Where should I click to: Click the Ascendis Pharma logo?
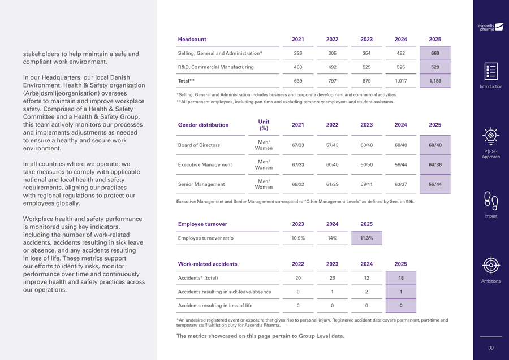(x=490, y=27)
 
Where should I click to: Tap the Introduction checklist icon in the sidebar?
(x=490, y=72)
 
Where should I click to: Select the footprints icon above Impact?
(x=490, y=201)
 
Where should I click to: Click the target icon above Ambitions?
(x=490, y=265)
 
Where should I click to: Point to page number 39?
(x=490, y=348)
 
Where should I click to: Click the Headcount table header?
(x=192, y=40)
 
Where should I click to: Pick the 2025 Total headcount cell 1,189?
(x=435, y=81)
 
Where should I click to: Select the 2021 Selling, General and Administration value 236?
(x=297, y=53)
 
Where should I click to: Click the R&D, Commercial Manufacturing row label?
(x=215, y=67)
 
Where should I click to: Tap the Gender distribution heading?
(x=203, y=125)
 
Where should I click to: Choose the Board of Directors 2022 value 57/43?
(x=332, y=145)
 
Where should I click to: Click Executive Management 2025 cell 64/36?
(x=435, y=165)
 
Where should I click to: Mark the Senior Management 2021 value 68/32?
(x=297, y=185)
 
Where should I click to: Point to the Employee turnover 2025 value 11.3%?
(x=366, y=238)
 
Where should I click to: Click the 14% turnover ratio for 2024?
(x=332, y=238)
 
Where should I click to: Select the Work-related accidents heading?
(x=208, y=264)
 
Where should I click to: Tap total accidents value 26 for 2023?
(x=332, y=278)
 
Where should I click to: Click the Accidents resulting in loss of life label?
(x=215, y=306)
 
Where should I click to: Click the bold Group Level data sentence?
(x=260, y=336)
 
